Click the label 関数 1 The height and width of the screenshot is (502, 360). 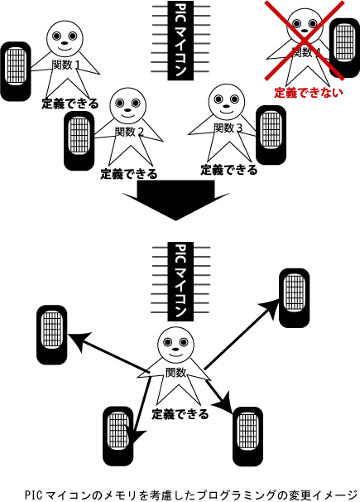tap(65, 65)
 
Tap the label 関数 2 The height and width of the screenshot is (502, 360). tap(129, 131)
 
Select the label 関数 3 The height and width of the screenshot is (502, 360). tap(228, 128)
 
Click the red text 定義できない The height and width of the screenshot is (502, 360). tap(309, 93)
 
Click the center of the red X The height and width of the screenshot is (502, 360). tap(305, 40)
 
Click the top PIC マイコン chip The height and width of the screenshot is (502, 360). tap(180, 41)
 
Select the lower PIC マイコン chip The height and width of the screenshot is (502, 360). tap(180, 282)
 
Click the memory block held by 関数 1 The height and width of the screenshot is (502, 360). tap(16, 71)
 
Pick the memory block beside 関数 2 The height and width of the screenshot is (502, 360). tap(79, 141)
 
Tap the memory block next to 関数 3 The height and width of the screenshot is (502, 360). tap(271, 135)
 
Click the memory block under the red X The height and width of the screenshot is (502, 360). tap(344, 48)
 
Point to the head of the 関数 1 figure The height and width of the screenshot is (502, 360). tap(65, 38)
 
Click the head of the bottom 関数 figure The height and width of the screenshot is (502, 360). tap(175, 345)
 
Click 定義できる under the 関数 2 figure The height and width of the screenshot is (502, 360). tap(129, 174)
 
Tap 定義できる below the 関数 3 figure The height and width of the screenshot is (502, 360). tap(229, 170)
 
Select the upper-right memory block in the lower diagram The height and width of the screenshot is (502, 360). tap(295, 298)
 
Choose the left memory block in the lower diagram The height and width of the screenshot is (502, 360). tap(52, 335)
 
